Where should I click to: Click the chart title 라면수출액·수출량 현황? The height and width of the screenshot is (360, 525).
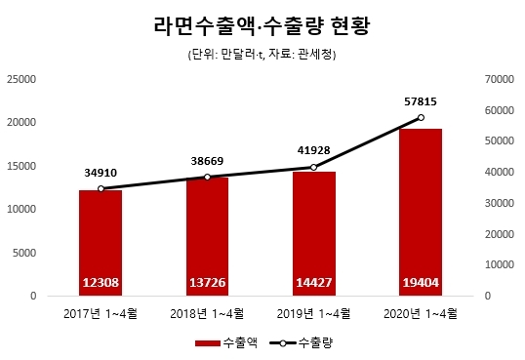click(262, 24)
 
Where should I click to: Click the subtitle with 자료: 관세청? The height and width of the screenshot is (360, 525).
click(262, 55)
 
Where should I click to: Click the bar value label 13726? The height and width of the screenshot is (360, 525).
click(207, 283)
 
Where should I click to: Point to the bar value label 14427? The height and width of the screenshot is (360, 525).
click(314, 283)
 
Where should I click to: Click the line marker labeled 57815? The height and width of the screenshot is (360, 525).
click(421, 117)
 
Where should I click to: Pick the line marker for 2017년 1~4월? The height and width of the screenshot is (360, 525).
click(101, 188)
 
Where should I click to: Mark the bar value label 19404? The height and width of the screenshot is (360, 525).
click(421, 283)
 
